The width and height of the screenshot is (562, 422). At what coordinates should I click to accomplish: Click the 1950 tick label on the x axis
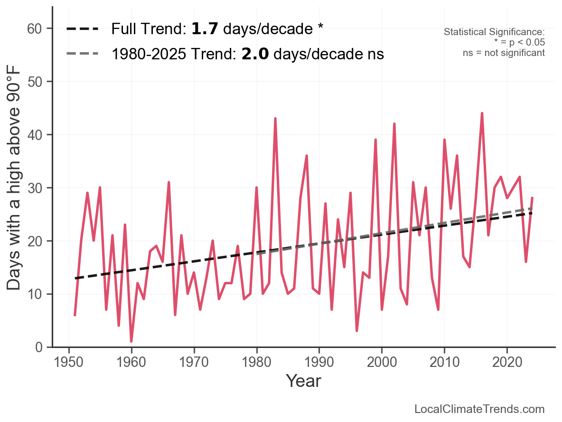click(x=69, y=363)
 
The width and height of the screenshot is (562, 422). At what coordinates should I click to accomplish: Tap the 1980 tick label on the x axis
click(x=257, y=363)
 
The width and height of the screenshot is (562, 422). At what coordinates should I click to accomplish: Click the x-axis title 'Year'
click(x=303, y=381)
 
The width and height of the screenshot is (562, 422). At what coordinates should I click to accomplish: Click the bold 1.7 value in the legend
click(x=205, y=29)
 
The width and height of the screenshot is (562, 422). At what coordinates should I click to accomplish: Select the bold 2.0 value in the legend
click(x=255, y=54)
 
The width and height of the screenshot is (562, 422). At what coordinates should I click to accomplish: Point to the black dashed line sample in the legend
click(x=82, y=29)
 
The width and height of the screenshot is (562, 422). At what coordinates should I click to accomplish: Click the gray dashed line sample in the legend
click(x=82, y=54)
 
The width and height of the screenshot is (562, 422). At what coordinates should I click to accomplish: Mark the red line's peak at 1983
click(x=275, y=118)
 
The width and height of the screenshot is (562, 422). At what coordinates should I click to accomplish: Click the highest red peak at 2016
click(x=482, y=113)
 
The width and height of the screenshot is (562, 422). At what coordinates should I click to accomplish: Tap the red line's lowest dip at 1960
click(x=131, y=341)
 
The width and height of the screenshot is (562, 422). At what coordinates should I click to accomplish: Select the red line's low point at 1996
click(x=356, y=331)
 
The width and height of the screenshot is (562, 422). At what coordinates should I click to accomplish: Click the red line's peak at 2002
click(x=394, y=123)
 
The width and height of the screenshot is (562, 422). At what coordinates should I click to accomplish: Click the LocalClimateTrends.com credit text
click(x=479, y=409)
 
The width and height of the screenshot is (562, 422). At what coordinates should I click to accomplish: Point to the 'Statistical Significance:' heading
click(x=494, y=32)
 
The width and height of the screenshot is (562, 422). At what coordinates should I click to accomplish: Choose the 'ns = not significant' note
click(x=504, y=53)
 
